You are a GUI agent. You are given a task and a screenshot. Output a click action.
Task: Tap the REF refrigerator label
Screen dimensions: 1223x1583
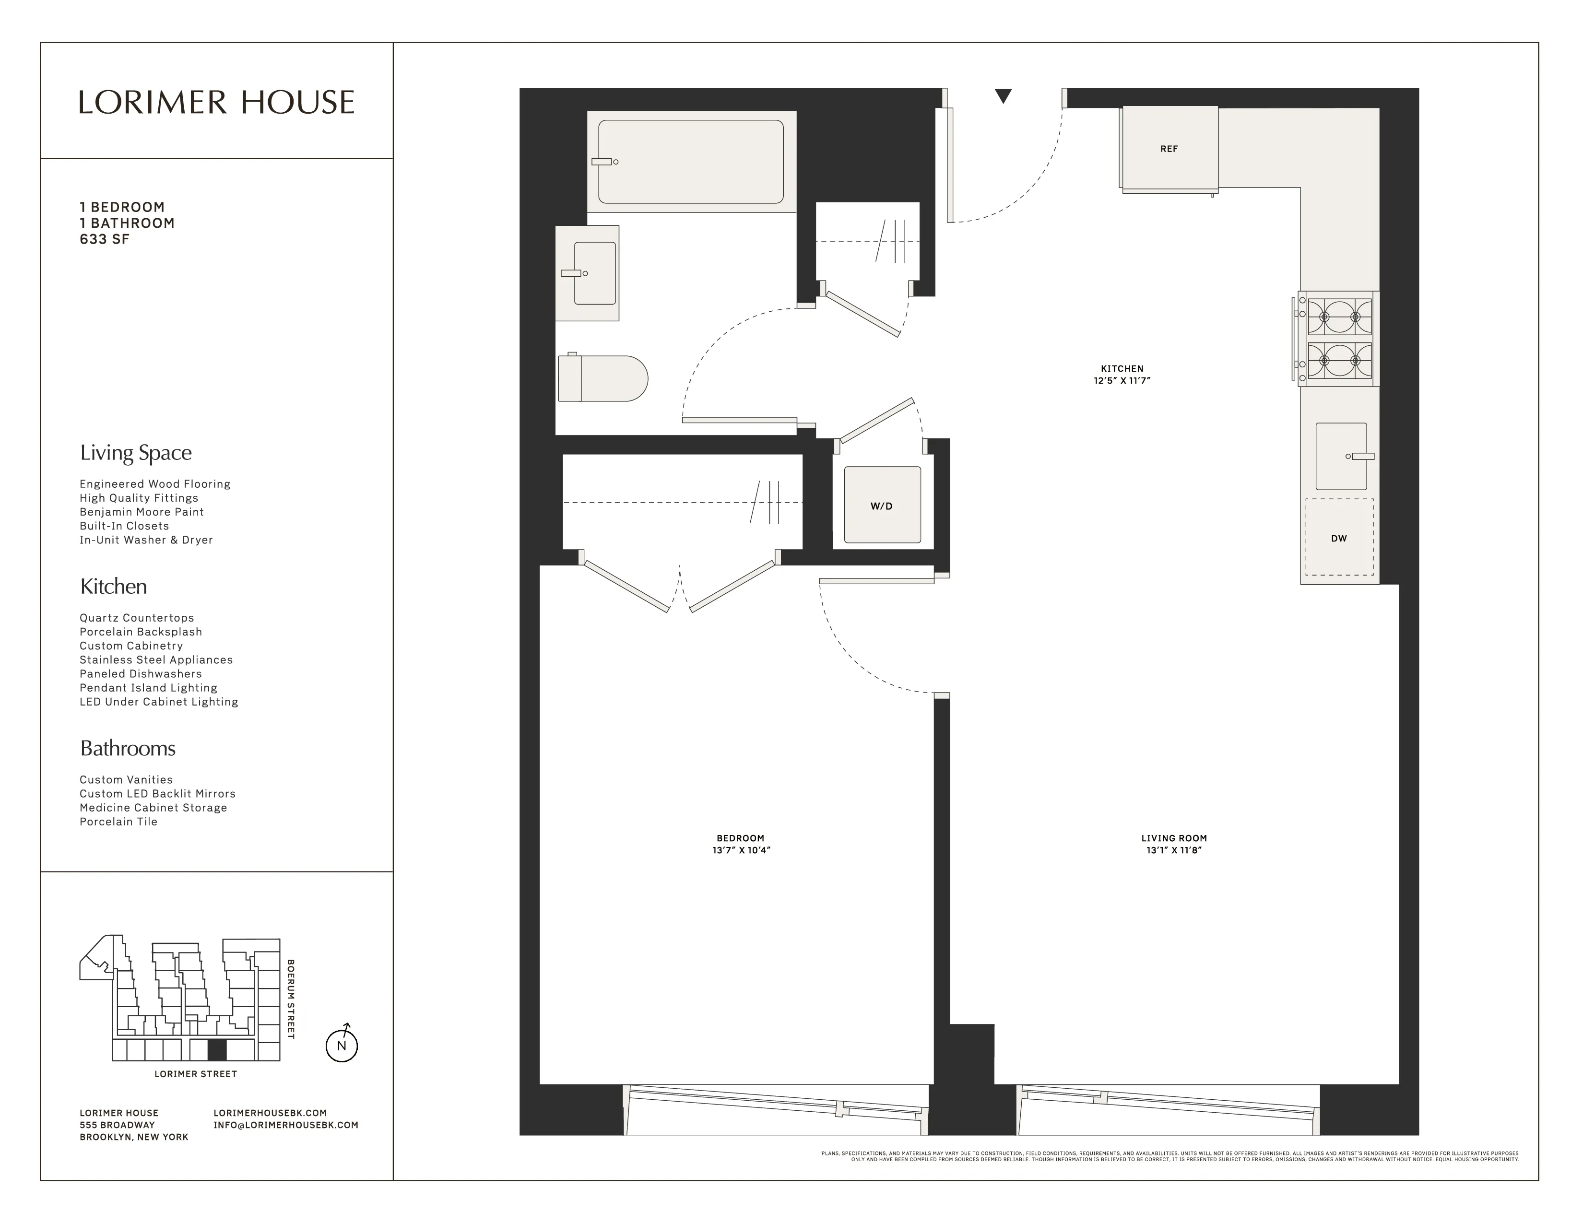point(1169,149)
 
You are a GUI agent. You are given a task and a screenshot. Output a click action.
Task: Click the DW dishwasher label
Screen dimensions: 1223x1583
point(1339,538)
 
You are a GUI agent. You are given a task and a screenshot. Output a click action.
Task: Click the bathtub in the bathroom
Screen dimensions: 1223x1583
point(690,162)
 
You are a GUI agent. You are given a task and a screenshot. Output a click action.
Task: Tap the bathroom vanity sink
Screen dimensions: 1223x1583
point(594,273)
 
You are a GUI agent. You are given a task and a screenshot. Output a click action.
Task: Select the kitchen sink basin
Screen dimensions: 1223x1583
point(1340,457)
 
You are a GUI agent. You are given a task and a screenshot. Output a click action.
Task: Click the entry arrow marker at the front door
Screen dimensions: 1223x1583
point(1003,95)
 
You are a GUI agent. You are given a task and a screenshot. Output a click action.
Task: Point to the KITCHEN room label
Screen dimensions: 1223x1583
point(1122,368)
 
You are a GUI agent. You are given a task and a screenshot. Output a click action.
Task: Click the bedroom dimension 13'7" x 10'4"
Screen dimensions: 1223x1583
point(741,850)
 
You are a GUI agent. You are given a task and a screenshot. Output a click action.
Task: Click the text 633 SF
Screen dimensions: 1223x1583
point(105,240)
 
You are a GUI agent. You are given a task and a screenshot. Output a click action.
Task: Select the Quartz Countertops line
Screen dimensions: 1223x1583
point(137,618)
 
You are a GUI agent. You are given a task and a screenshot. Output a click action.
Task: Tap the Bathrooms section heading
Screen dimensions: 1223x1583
point(128,749)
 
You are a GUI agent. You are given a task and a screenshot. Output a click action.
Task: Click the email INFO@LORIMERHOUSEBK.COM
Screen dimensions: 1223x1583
point(285,1125)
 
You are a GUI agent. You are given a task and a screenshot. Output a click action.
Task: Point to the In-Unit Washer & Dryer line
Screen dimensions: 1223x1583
point(146,540)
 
